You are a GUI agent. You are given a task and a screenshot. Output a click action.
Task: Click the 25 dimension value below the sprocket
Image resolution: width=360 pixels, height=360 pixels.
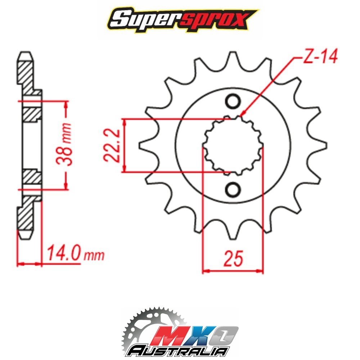233,258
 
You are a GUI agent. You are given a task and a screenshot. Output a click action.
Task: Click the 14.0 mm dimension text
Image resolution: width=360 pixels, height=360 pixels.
75,253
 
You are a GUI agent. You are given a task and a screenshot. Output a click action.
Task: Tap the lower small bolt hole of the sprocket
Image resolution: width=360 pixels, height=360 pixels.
233,189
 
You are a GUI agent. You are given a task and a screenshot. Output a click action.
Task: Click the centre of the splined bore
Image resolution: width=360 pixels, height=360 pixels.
233,145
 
